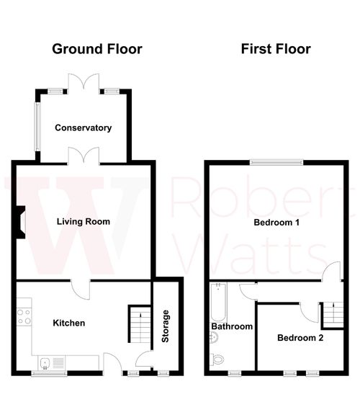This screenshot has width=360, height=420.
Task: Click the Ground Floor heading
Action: (96, 49)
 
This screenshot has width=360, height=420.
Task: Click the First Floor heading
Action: (275, 49)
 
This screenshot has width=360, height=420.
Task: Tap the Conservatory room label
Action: (84, 128)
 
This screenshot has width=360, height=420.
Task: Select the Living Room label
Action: (84, 221)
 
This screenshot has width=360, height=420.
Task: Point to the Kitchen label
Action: (69, 323)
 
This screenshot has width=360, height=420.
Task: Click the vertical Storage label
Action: (166, 325)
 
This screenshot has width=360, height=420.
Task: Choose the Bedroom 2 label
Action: (300, 337)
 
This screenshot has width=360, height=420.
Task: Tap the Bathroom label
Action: (232, 326)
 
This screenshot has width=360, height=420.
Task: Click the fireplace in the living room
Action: (22, 220)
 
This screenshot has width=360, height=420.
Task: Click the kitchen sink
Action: (46, 362)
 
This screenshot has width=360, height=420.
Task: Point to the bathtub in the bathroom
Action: (217, 302)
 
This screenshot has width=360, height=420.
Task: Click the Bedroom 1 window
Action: (275, 161)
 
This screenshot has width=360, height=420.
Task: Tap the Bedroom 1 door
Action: (331, 272)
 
